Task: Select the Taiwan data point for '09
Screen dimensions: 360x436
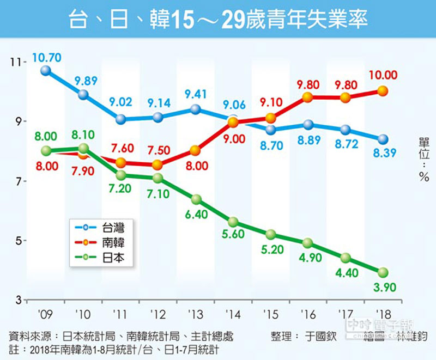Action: [46, 70]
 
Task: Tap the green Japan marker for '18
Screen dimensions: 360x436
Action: [383, 272]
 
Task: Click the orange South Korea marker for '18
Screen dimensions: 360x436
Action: [383, 91]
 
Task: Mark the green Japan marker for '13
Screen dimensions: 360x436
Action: [196, 199]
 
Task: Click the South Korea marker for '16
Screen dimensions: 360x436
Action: [308, 97]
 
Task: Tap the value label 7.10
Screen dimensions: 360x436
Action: [159, 194]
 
